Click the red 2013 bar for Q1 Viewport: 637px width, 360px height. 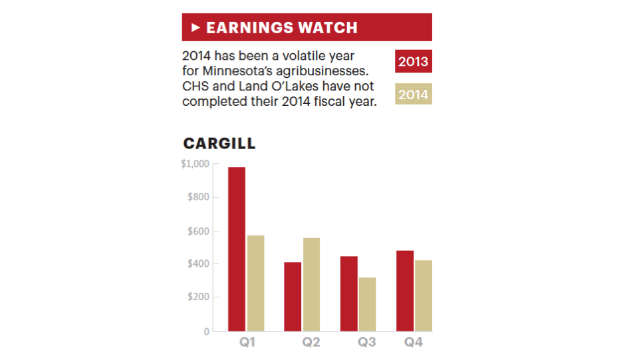237,249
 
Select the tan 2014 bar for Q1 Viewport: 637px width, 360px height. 255,283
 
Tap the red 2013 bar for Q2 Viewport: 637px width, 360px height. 293,296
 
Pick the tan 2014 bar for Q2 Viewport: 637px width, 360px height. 311,284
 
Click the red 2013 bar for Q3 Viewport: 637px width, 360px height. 348,293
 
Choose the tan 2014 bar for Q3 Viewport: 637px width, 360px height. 367,304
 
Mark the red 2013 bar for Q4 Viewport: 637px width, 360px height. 405,291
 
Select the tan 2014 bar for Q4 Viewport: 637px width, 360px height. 423,295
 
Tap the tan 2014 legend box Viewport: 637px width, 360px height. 413,94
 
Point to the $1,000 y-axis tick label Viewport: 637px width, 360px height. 195,164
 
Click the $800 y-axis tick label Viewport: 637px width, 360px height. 197,198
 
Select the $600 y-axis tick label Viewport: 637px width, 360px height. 197,232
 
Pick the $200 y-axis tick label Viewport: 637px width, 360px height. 197,297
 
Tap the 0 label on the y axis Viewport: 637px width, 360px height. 206,331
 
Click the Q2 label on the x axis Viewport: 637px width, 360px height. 311,343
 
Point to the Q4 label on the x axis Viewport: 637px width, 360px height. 414,343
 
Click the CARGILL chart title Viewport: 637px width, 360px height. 219,144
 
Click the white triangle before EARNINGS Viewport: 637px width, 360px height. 195,27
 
